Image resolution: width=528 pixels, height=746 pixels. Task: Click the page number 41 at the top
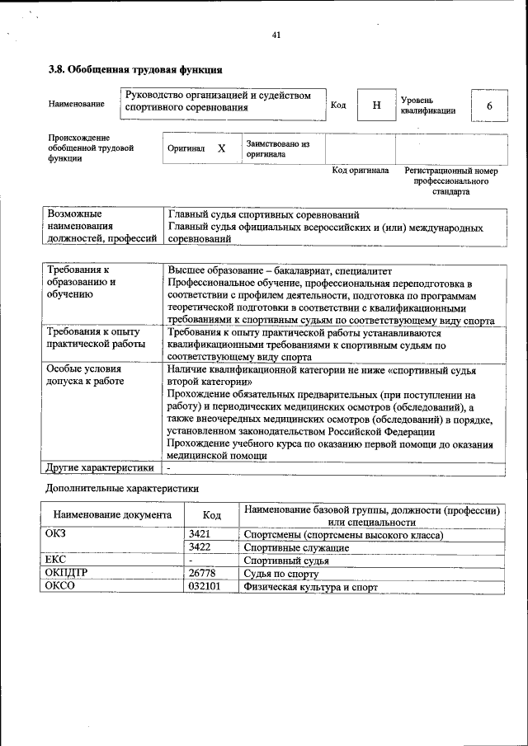[x=276, y=35]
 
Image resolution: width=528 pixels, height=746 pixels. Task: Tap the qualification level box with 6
[x=489, y=106]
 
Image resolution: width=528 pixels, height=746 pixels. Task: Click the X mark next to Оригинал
[x=221, y=148]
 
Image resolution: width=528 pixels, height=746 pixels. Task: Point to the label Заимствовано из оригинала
[x=276, y=148]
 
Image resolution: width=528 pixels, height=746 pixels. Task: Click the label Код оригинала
[x=360, y=171]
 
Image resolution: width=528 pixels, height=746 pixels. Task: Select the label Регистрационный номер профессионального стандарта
[x=451, y=181]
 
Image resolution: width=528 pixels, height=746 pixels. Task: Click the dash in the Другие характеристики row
[x=168, y=468]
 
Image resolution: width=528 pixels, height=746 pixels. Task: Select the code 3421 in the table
[x=200, y=534]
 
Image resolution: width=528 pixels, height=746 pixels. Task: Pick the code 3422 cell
[x=200, y=547]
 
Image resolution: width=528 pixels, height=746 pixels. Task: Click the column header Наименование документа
[x=112, y=515]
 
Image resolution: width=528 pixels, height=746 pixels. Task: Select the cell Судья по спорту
[x=281, y=574]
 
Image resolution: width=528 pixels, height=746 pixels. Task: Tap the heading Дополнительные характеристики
[x=121, y=488]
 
